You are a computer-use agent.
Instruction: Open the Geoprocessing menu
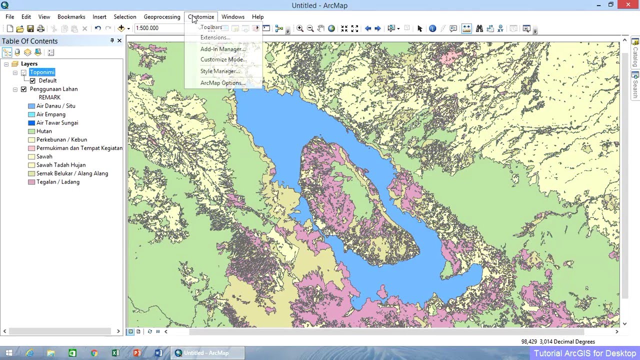[x=161, y=17]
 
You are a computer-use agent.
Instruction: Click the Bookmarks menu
[x=71, y=17]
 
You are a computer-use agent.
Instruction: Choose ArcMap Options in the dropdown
[x=222, y=83]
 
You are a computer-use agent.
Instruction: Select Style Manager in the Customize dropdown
[x=219, y=71]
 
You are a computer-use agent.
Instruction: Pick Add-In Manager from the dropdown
[x=222, y=49]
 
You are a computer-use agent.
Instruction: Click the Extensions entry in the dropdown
[x=215, y=37]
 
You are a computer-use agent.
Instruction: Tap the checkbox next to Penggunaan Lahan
[x=23, y=89]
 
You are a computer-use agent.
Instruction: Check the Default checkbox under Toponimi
[x=32, y=81]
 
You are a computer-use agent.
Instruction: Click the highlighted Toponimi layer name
[x=42, y=72]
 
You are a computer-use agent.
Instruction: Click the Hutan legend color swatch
[x=31, y=131]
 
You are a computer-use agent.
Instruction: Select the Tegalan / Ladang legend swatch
[x=31, y=182]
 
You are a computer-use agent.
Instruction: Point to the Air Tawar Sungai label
[x=57, y=123]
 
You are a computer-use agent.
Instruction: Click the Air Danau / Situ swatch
[x=31, y=106]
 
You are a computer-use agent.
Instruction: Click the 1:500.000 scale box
[x=157, y=28]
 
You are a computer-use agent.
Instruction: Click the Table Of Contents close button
[x=119, y=41]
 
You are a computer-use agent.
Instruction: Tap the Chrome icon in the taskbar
[x=94, y=353]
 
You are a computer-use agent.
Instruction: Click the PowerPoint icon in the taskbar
[x=137, y=353]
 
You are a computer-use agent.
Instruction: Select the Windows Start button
[x=8, y=353]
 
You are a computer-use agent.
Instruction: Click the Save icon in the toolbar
[x=30, y=29]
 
